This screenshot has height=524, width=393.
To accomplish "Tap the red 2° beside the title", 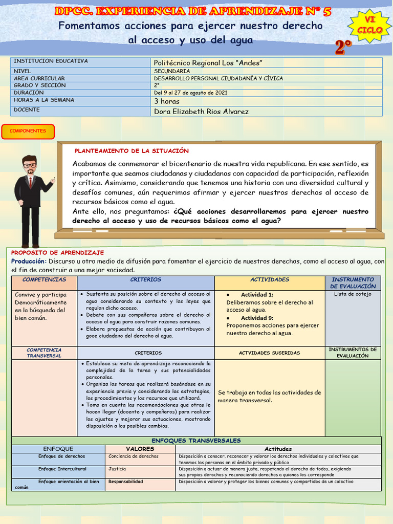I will pyautogui.click(x=344, y=48).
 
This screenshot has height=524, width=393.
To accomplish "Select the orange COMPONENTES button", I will pyautogui.click(x=28, y=131).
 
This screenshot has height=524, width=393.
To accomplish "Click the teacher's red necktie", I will pyautogui.click(x=30, y=182).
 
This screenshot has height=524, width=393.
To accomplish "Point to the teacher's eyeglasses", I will pyautogui.click(x=30, y=165).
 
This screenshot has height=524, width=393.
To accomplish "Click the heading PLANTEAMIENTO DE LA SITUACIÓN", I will pyautogui.click(x=132, y=151).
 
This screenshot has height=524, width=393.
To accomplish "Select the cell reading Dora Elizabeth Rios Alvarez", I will pyautogui.click(x=201, y=111).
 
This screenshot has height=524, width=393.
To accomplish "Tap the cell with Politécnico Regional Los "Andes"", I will pyautogui.click(x=208, y=62).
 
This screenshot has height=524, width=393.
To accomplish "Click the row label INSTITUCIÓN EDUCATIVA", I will pyautogui.click(x=51, y=61).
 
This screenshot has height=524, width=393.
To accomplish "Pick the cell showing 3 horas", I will pyautogui.click(x=167, y=101).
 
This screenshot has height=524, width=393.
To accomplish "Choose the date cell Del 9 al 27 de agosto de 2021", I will pyautogui.click(x=190, y=93).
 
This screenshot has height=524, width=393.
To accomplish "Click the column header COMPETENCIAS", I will pyautogui.click(x=44, y=280).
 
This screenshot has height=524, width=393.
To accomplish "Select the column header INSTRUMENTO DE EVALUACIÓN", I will pyautogui.click(x=353, y=283).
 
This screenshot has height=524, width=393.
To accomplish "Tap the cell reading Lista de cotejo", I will pyautogui.click(x=353, y=294).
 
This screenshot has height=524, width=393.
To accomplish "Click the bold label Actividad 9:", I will pyautogui.click(x=257, y=318).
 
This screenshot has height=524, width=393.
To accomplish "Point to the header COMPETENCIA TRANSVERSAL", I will pyautogui.click(x=44, y=353).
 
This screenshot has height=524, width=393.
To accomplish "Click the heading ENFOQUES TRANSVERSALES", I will pyautogui.click(x=196, y=441).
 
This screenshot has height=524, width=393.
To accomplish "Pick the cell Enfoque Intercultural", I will pyautogui.click(x=62, y=469).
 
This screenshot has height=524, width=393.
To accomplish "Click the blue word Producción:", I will pyautogui.click(x=29, y=261).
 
